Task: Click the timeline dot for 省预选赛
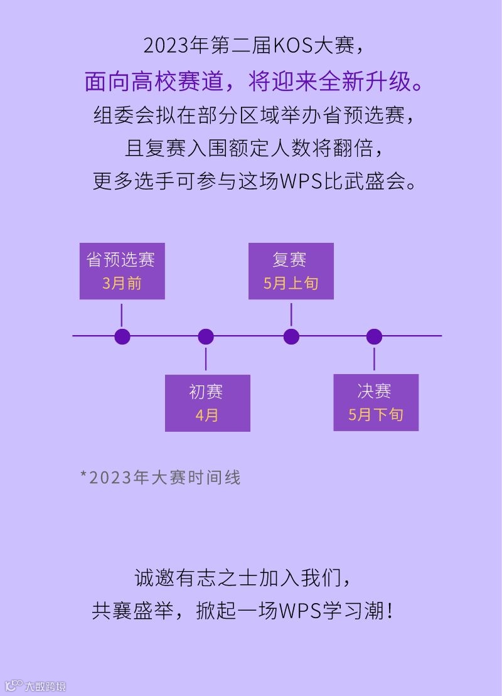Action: (x=122, y=336)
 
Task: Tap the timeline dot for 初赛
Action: (x=206, y=336)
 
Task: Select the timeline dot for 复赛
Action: (x=291, y=336)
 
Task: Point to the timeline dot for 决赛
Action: (x=374, y=336)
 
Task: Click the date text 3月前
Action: (x=122, y=283)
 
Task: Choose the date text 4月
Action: (x=206, y=415)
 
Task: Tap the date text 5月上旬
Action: (x=291, y=283)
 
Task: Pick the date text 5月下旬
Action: (x=375, y=415)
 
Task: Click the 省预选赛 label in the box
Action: (x=121, y=259)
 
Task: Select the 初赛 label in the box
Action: (x=206, y=392)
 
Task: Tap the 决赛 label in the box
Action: (x=375, y=392)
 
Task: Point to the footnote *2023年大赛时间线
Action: (x=161, y=478)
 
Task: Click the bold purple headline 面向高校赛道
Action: (x=156, y=82)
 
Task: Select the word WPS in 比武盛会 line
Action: (x=300, y=181)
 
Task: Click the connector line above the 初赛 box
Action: (x=206, y=360)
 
